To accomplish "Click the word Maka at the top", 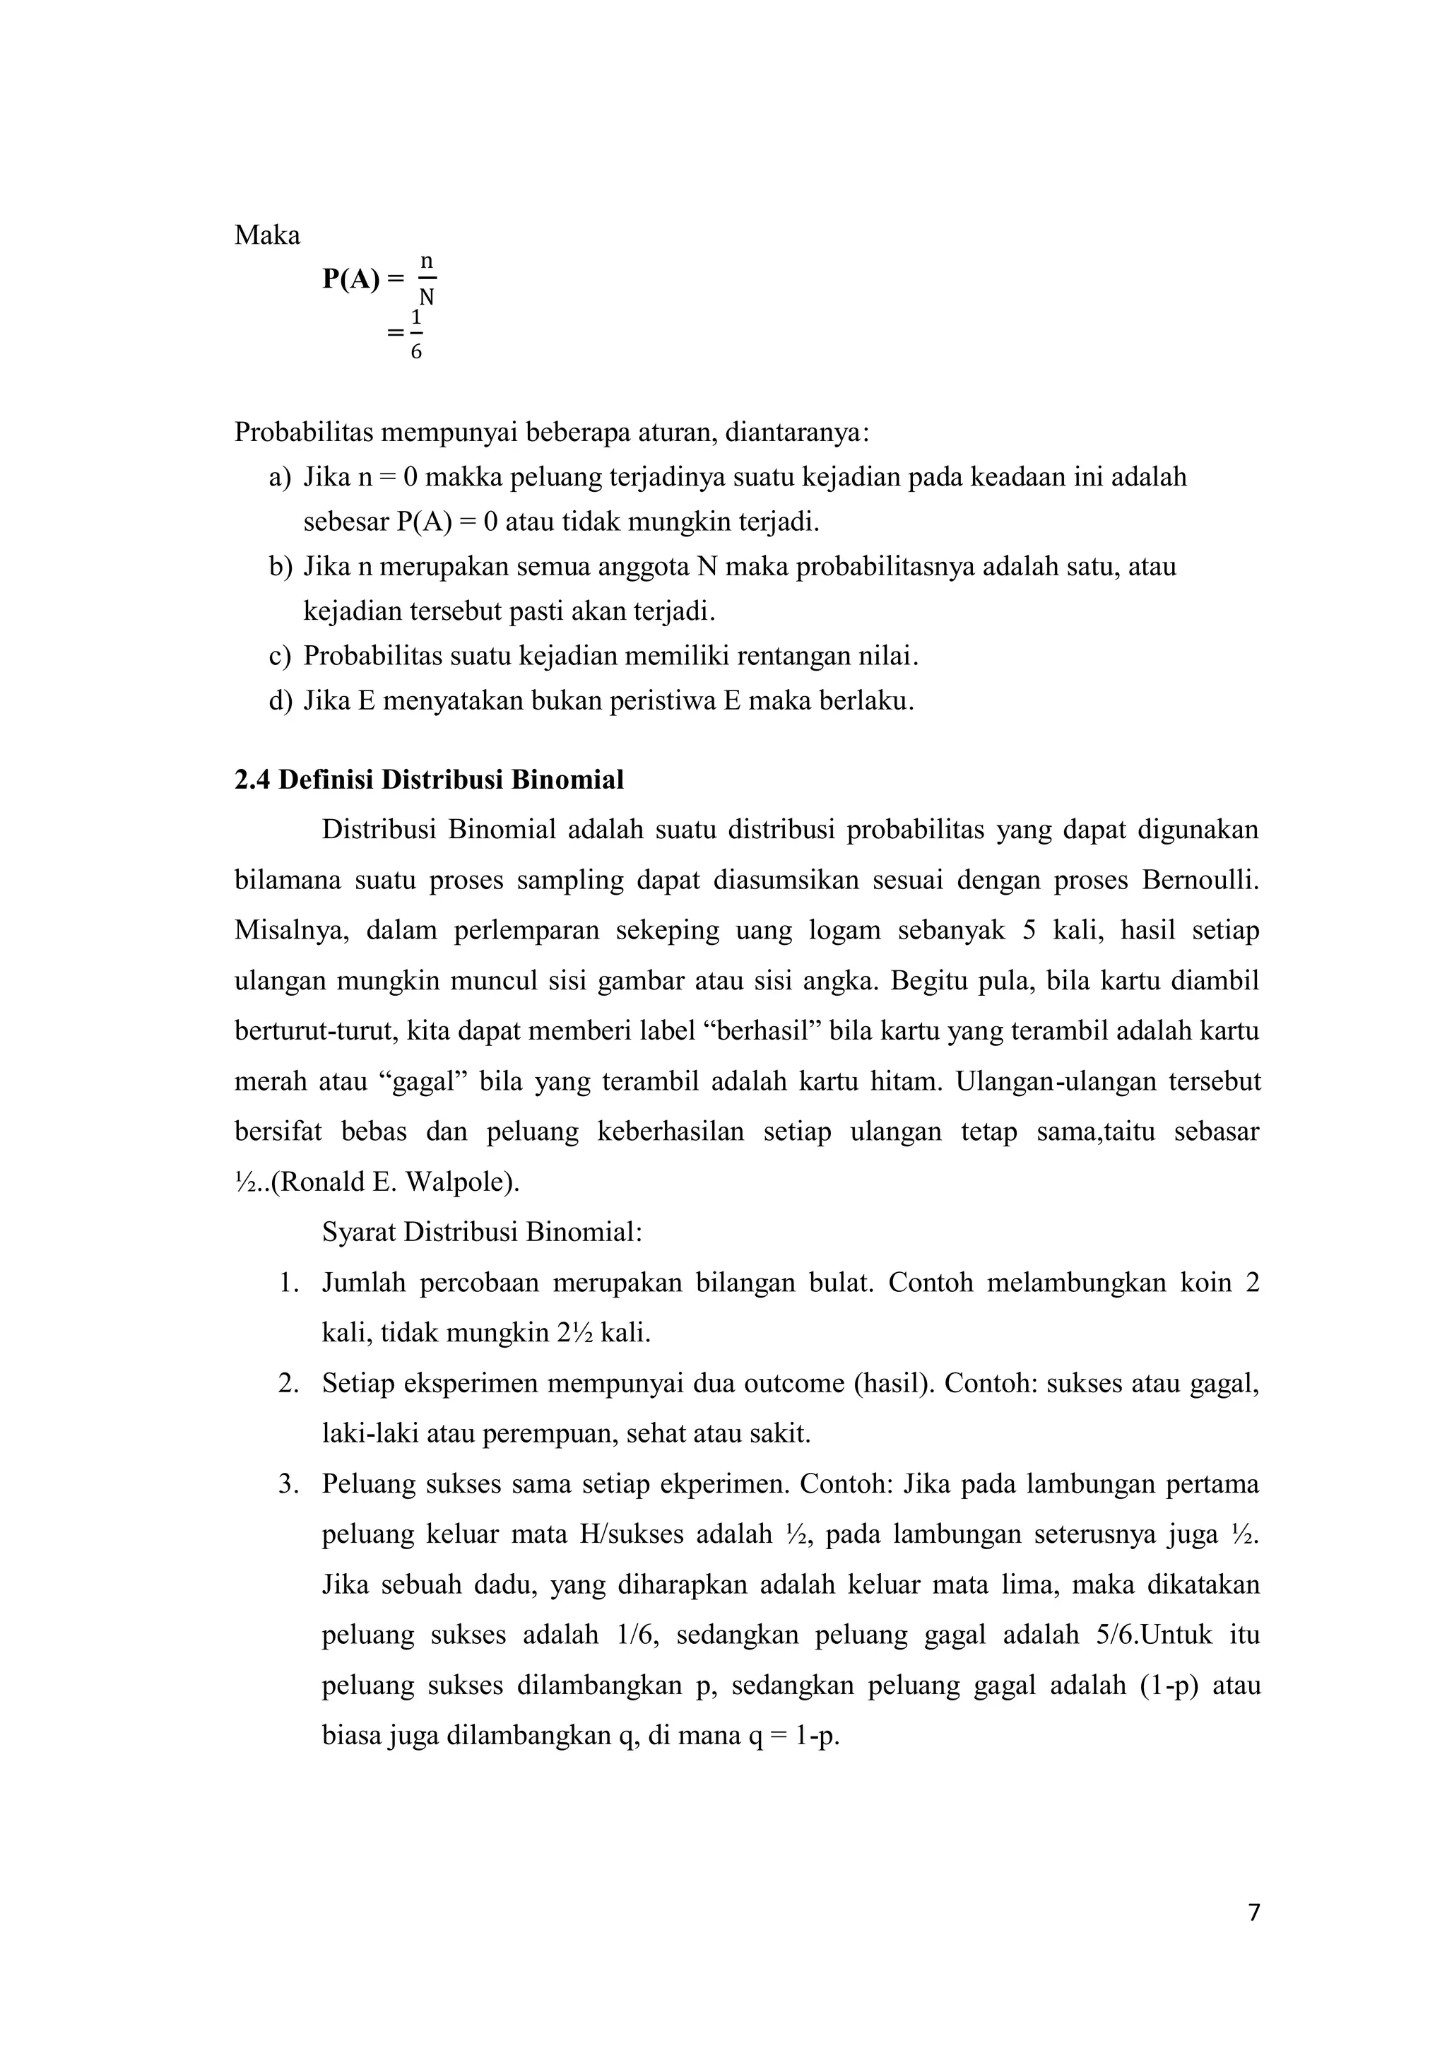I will (267, 236).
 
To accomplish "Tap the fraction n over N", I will (427, 280).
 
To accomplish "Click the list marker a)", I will (280, 478).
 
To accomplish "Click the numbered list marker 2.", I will (287, 1384).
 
